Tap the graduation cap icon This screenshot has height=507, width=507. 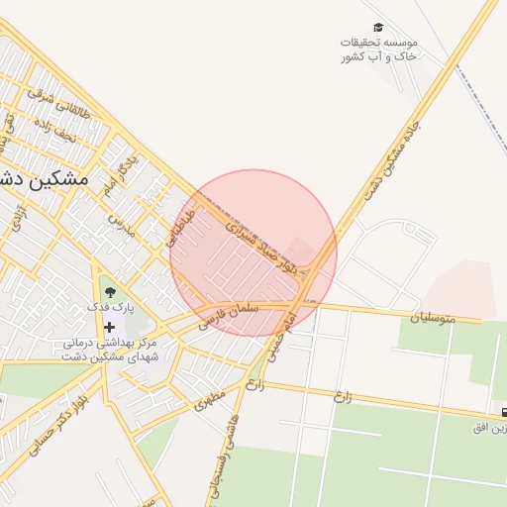(378, 28)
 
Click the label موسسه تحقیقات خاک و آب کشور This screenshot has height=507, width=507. (380, 50)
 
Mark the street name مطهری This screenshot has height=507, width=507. (211, 399)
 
